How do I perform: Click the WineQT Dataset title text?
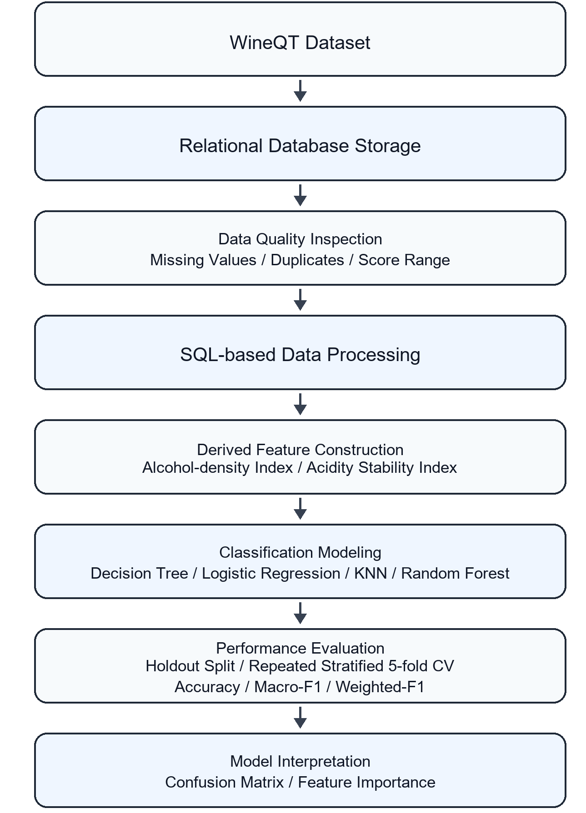click(300, 43)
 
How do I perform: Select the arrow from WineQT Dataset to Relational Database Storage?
click(300, 91)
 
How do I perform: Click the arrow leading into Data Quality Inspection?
click(300, 195)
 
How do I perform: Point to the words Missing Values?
click(203, 260)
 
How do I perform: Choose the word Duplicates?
click(307, 260)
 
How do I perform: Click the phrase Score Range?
click(404, 260)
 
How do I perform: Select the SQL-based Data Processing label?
click(300, 355)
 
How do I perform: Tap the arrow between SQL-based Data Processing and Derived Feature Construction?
click(300, 404)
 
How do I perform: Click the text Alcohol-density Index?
click(218, 467)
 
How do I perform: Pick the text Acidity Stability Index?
click(381, 467)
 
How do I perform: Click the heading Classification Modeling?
click(300, 552)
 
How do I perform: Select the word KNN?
click(371, 573)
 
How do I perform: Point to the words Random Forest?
click(455, 573)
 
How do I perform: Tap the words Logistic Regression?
click(271, 573)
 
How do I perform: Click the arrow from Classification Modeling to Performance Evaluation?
click(300, 613)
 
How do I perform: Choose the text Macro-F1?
click(288, 687)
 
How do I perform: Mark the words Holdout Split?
click(190, 666)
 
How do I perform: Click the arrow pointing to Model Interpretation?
click(300, 718)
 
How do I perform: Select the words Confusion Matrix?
click(224, 782)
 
